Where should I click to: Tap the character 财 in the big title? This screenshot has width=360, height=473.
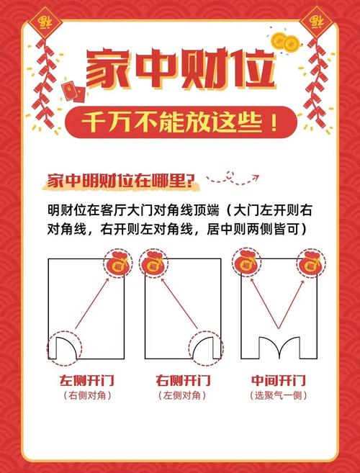tap(207, 69)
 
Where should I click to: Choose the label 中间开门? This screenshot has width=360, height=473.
tap(278, 380)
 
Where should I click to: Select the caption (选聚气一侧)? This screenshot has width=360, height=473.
tap(278, 395)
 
